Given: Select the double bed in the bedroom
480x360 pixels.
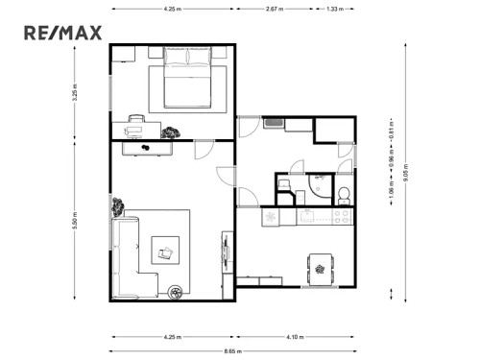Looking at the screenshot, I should pos(187,82).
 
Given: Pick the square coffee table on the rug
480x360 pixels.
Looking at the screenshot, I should pos(166,252).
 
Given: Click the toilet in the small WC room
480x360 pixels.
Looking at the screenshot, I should pos(343,195).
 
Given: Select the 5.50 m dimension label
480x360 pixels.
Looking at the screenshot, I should pos(74,222).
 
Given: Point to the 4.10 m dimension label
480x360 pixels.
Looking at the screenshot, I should pos(296,337).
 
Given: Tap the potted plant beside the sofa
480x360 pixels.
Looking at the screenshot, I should pos(118,205).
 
